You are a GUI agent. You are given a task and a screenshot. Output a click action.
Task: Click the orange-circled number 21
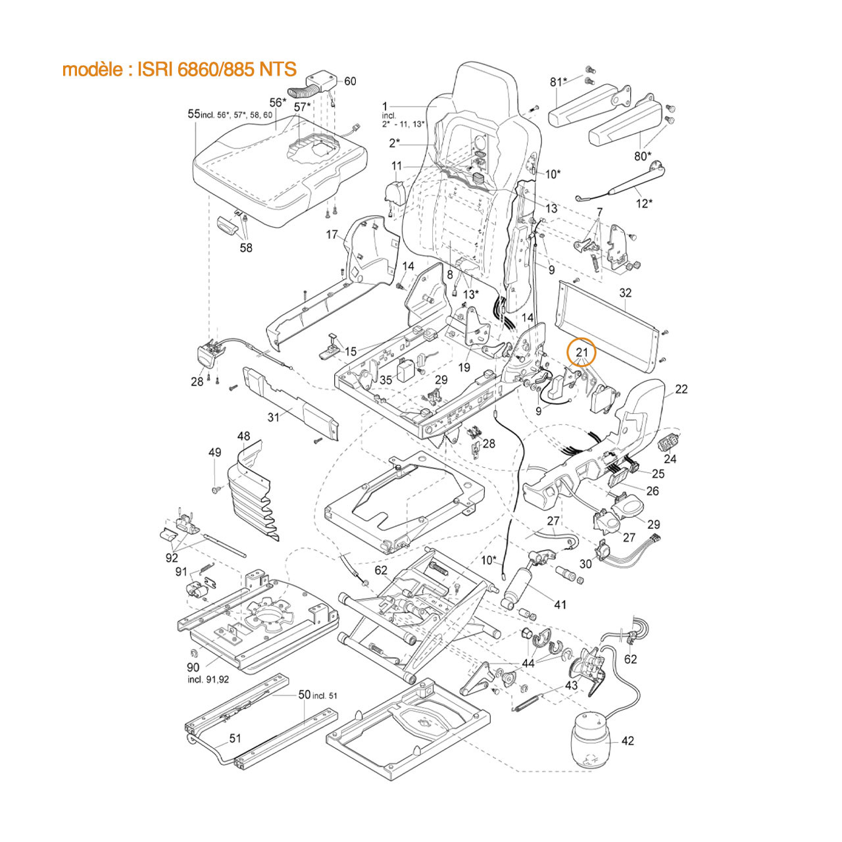pyautogui.click(x=582, y=352)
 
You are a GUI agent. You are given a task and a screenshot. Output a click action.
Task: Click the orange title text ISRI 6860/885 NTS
pyautogui.click(x=179, y=69)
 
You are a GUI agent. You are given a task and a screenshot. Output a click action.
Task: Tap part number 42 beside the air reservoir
pyautogui.click(x=628, y=741)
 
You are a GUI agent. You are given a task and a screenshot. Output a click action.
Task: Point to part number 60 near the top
pyautogui.click(x=350, y=81)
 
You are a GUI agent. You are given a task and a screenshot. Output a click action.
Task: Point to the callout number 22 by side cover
pyautogui.click(x=681, y=389)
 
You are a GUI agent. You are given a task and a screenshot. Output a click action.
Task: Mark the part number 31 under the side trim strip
pyautogui.click(x=274, y=416)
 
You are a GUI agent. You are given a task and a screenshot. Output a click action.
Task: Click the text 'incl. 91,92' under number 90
pyautogui.click(x=208, y=680)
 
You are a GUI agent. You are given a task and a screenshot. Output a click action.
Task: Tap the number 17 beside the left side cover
pyautogui.click(x=332, y=234)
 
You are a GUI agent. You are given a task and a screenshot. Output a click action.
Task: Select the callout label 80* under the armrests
pyautogui.click(x=642, y=156)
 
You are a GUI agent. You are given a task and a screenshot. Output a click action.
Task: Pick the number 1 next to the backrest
pyautogui.click(x=385, y=106)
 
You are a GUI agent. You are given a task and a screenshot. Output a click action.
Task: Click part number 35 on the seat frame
pyautogui.click(x=385, y=380)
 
